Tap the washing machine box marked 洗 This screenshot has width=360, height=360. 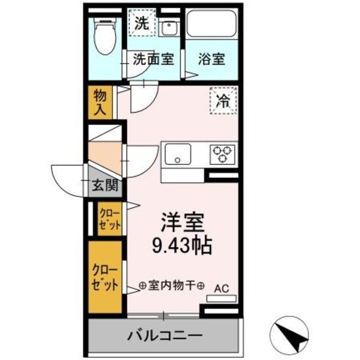click(x=142, y=24)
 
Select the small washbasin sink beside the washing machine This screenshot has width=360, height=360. click(x=169, y=28)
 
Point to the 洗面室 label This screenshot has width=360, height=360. click(x=152, y=58)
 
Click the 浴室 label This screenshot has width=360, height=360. click(x=212, y=58)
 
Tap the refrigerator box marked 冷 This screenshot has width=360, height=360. click(x=223, y=101)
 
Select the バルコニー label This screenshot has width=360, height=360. click(x=164, y=336)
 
